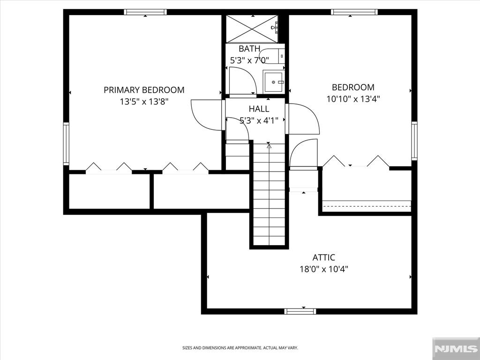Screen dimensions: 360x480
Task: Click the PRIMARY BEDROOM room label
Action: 144,90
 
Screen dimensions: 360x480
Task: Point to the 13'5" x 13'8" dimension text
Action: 144,101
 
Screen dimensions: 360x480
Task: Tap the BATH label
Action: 249,49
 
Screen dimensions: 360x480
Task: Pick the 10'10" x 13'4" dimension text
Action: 353,99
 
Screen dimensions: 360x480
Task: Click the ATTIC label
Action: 324,257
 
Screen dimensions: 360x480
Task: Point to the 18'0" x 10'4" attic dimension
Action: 324,269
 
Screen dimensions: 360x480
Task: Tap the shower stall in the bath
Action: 252,29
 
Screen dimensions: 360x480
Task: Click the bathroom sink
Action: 273,82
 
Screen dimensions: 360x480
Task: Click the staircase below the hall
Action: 269,197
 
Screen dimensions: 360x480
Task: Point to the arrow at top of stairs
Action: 269,146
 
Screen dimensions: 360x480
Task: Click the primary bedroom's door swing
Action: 206,115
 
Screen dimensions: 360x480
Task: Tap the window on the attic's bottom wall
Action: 300,311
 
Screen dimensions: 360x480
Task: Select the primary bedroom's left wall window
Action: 66,144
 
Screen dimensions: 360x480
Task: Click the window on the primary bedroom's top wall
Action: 145,12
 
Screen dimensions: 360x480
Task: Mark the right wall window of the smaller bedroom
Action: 414,141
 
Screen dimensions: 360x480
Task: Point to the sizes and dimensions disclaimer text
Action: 240,348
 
